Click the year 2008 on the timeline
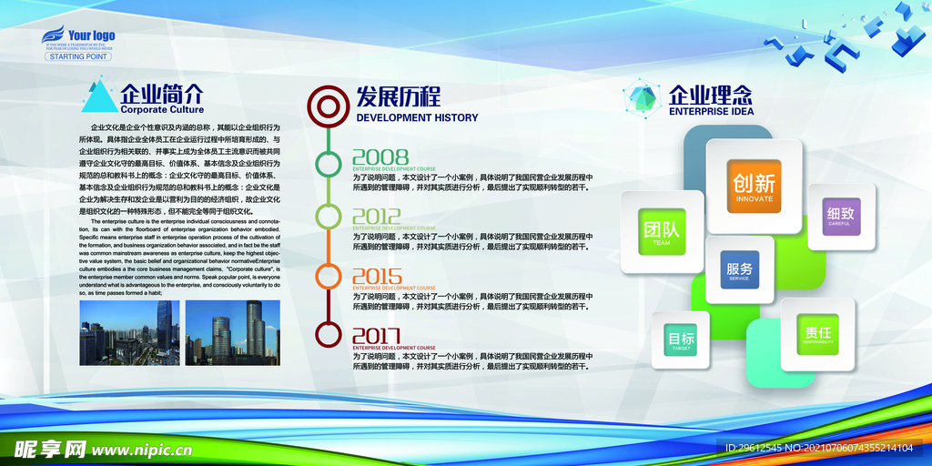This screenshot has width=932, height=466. (x=380, y=157)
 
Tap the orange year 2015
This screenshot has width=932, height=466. (x=377, y=277)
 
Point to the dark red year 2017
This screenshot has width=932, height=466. (x=377, y=336)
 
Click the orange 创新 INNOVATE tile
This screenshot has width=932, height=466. (x=754, y=186)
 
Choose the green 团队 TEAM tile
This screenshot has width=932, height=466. (x=662, y=232)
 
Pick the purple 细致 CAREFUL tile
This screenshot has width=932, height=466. (x=840, y=217)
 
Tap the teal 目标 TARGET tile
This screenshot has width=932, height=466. (x=681, y=340)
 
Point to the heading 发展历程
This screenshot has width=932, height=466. (x=398, y=96)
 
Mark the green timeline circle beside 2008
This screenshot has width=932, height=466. (x=328, y=164)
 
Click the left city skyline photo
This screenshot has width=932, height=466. (x=129, y=332)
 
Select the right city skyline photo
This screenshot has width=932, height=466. (x=233, y=332)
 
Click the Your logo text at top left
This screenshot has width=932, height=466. (x=91, y=36)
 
